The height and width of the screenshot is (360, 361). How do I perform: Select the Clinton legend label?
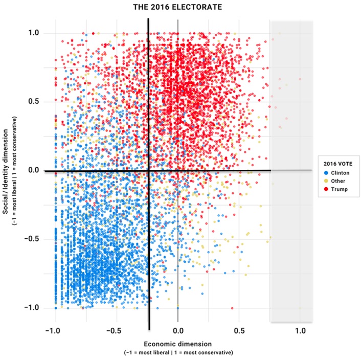click(338, 173)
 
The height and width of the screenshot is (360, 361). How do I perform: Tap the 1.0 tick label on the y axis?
click(34, 33)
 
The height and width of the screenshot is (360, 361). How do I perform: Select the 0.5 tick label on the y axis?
click(34, 102)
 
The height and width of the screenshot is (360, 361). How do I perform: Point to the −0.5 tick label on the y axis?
click(32, 239)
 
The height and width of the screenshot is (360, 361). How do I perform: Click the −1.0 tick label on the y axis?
click(32, 307)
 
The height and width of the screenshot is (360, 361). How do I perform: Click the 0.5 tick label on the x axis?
click(239, 331)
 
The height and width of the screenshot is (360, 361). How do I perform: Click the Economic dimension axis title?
click(177, 344)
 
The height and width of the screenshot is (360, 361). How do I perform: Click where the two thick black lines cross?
click(149, 171)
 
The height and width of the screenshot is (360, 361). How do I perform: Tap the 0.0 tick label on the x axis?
click(177, 331)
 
